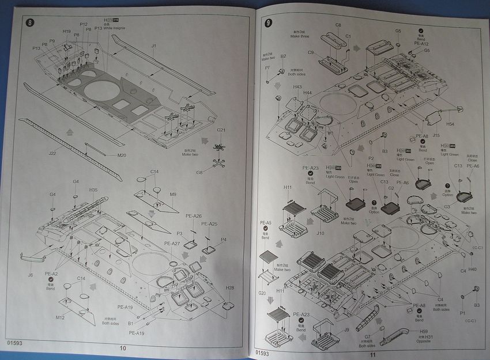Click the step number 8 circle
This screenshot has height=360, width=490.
coord(31,23)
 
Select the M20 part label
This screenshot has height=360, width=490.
coord(122,156)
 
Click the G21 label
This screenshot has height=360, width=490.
coord(221,131)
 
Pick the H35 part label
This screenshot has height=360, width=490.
coord(93,190)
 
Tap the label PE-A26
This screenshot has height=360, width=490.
coord(194,216)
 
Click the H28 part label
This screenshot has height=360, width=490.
coord(230,288)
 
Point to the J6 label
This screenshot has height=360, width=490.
coord(30,275)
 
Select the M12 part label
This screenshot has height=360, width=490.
coord(60,318)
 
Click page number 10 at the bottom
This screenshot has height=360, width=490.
coord(122,348)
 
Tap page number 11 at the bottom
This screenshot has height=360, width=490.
coord(373,355)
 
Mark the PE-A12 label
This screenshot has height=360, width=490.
coord(421,43)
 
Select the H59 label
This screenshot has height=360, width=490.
coord(424,331)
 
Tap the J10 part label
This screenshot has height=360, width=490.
coord(321,234)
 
